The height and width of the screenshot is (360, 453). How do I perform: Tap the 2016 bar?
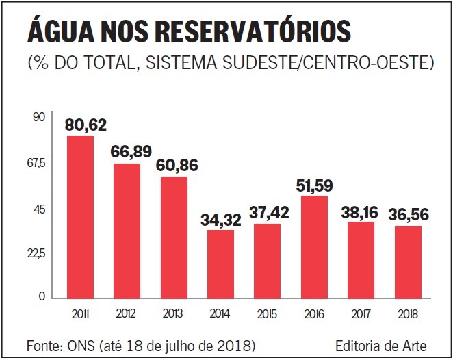pos(314,246)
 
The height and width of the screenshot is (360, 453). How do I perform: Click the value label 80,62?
pos(86,125)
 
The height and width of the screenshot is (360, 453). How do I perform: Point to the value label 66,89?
pos(132,152)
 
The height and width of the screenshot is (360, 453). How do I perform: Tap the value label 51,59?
pos(318,185)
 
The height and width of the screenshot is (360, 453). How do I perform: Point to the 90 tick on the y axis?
pos(38,117)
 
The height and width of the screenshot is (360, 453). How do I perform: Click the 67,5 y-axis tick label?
pos(35,163)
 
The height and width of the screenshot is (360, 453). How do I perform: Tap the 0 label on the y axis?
pos(41,296)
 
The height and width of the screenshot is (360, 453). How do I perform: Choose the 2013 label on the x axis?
pos(173,315)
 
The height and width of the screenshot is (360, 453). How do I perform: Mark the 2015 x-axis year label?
pos(267,315)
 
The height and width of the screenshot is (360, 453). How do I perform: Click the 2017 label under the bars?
pos(361,315)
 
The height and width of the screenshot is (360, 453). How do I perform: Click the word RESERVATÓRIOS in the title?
pos(253,31)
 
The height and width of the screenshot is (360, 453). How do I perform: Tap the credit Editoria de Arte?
pos(381,343)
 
